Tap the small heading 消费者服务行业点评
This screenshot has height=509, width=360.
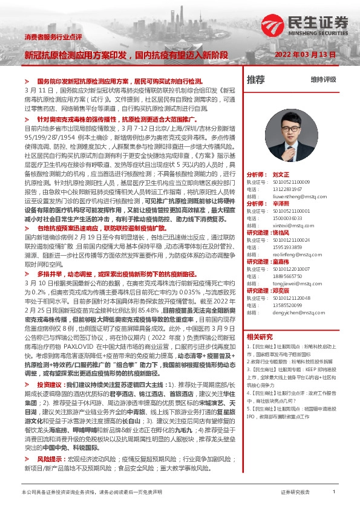[x=53, y=37]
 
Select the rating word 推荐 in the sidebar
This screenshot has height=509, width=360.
[x=256, y=79]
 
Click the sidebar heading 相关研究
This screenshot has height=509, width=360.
[x=260, y=337]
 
